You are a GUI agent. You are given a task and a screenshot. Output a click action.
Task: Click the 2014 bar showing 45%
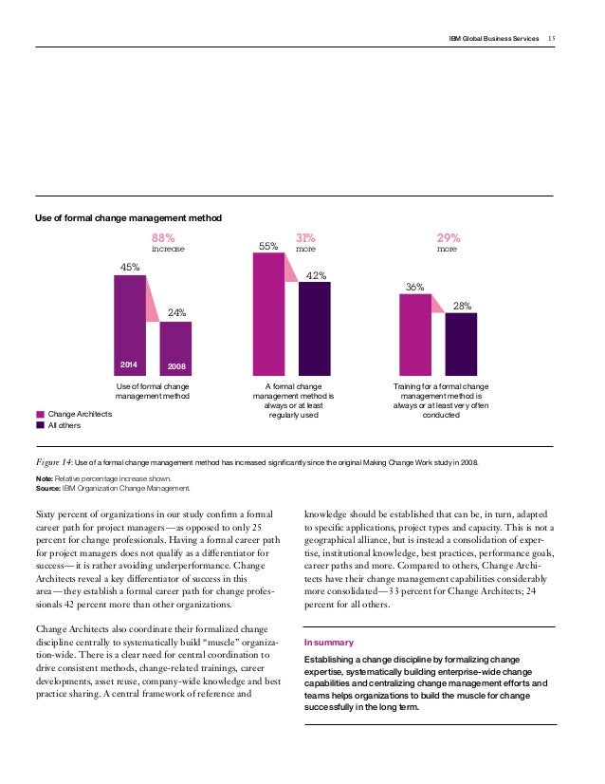tap(130, 325)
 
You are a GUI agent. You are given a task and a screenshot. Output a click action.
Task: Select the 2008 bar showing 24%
tap(175, 348)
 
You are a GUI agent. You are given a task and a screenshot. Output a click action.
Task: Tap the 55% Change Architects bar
tap(268, 314)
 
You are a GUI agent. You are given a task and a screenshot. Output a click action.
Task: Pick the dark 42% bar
tap(315, 328)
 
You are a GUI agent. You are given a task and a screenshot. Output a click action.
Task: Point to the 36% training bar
tap(415, 334)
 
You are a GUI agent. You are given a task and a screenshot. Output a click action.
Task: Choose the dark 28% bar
tap(461, 344)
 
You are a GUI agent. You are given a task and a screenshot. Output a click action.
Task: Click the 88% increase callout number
tap(163, 238)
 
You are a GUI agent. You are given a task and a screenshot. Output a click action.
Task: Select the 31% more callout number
tap(305, 238)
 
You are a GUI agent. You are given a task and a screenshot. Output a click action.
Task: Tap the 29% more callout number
tap(449, 238)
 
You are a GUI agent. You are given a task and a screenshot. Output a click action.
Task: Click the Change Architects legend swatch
tap(41, 414)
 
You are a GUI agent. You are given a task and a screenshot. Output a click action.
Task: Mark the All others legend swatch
tap(41, 425)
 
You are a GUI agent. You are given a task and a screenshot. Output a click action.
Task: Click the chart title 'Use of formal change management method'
tap(128, 218)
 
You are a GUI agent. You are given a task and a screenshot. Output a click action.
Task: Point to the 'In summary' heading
tap(329, 643)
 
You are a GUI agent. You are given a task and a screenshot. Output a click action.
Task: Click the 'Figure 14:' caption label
tap(54, 462)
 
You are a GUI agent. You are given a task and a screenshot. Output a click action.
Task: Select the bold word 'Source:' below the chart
tap(48, 488)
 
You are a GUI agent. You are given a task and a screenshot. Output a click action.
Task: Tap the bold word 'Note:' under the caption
tap(45, 478)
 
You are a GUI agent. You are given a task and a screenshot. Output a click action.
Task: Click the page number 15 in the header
tap(552, 39)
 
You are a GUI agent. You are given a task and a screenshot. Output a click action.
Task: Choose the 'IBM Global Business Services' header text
tap(494, 39)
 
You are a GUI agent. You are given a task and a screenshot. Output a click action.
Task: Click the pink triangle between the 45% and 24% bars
tap(152, 298)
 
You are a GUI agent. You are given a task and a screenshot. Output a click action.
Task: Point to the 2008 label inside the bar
tap(176, 366)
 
